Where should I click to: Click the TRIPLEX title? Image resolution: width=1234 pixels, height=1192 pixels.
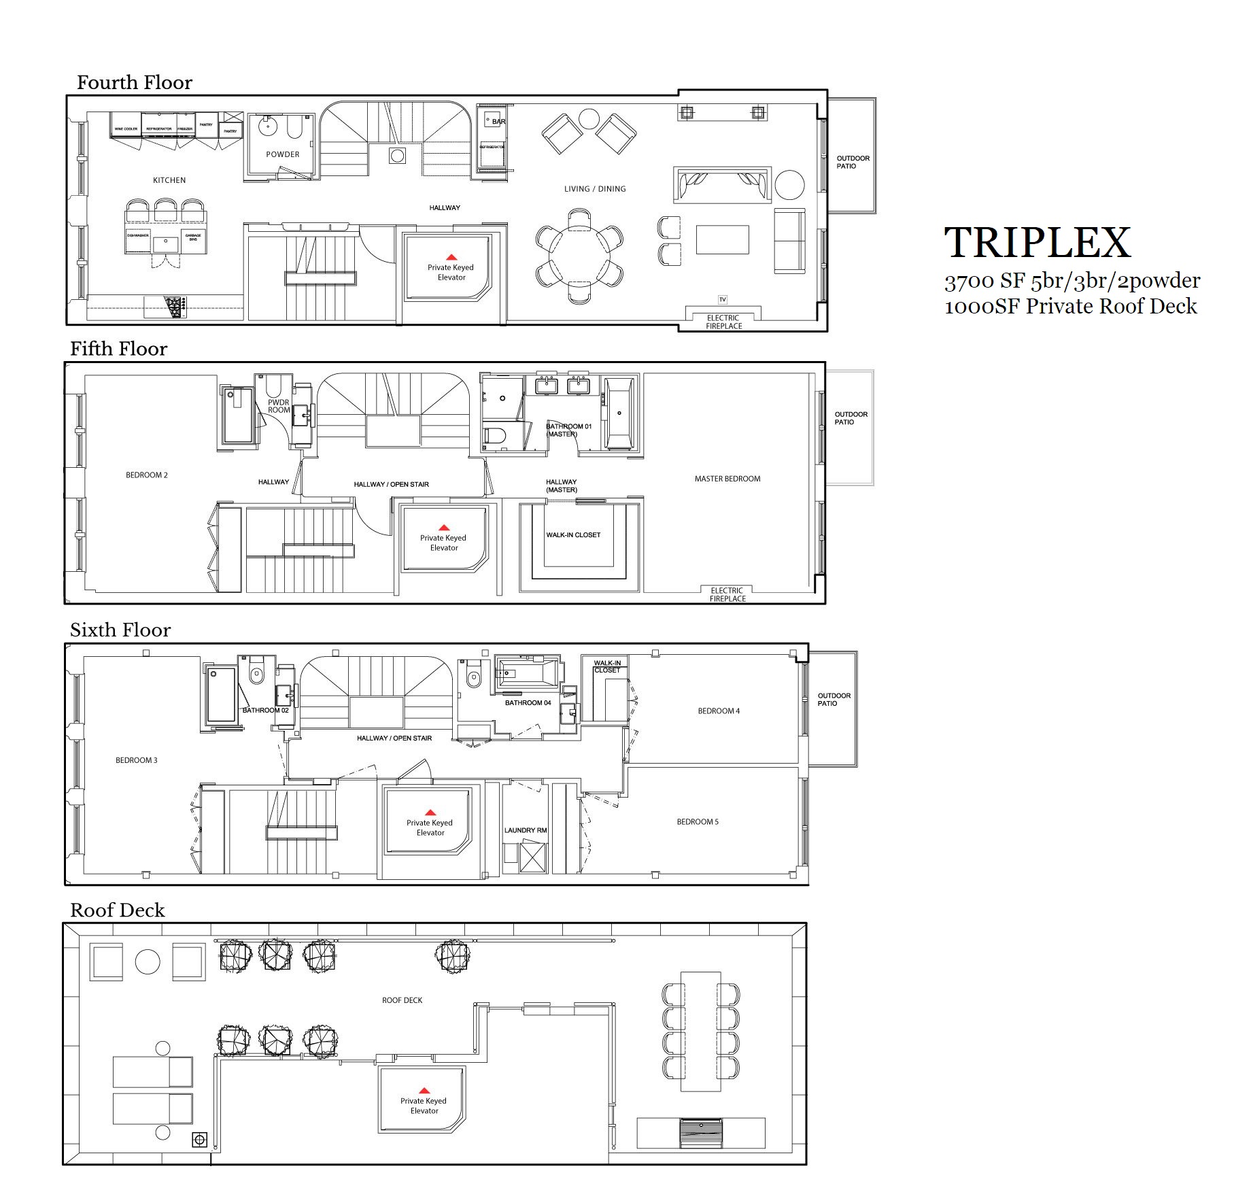point(1038,243)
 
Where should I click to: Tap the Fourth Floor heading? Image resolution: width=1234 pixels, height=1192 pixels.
point(134,83)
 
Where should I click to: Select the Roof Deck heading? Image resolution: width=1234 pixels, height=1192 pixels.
point(117,910)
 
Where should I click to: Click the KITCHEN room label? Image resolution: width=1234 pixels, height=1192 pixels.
point(169,180)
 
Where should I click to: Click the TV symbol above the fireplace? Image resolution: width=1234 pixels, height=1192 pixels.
point(723,300)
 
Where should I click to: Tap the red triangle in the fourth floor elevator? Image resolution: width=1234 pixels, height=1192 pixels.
point(451,257)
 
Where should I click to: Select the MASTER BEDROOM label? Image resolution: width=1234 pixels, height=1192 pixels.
point(727,479)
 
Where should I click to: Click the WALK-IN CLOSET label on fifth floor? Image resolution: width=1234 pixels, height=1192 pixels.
point(573,535)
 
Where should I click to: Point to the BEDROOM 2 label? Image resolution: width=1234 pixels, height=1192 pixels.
point(146,475)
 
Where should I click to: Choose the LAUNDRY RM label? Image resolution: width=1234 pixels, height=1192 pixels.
point(526,830)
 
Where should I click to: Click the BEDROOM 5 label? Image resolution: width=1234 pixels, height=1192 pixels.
point(698,822)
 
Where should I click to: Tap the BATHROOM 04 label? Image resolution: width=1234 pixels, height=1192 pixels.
point(528,703)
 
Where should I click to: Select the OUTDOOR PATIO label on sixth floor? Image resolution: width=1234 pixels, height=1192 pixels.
point(834,700)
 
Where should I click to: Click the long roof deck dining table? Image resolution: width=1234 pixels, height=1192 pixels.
point(700,1041)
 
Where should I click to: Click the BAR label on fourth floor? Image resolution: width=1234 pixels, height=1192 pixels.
point(499,122)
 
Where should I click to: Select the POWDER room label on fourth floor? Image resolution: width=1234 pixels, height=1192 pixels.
point(283,154)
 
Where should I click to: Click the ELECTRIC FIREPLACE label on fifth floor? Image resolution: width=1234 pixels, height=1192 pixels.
point(727,595)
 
